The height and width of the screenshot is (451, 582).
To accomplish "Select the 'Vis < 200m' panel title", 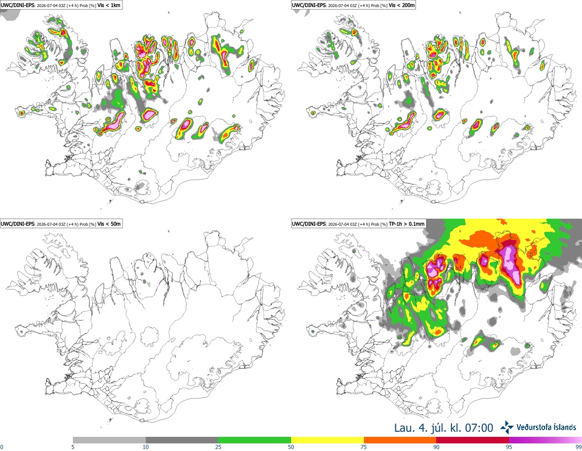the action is pyautogui.click(x=402, y=6).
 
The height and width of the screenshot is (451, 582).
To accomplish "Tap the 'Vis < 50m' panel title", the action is pyautogui.click(x=109, y=224).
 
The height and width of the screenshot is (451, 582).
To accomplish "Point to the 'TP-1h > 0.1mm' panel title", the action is pyautogui.click(x=406, y=224).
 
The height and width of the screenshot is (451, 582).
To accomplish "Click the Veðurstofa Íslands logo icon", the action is pyautogui.click(x=507, y=427).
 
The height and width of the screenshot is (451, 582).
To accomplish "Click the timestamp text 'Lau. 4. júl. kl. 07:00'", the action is pyautogui.click(x=443, y=428).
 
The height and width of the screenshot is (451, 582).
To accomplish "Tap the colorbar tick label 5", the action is pyautogui.click(x=73, y=447).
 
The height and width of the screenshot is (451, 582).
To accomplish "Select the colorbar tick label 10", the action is pyautogui.click(x=146, y=447).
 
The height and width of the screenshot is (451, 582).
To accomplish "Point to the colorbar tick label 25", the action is pyautogui.click(x=218, y=447).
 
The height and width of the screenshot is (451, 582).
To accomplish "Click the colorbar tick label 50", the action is pyautogui.click(x=291, y=447).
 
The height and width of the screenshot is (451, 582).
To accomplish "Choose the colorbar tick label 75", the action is pyautogui.click(x=364, y=447).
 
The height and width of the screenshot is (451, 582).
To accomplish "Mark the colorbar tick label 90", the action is pyautogui.click(x=436, y=447).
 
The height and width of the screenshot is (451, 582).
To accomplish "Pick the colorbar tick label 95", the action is pyautogui.click(x=509, y=447).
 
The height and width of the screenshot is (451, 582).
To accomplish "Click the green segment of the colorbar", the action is pyautogui.click(x=255, y=440).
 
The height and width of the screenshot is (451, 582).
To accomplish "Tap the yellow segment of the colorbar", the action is pyautogui.click(x=327, y=440).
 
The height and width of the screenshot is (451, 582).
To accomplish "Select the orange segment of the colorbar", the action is pyautogui.click(x=400, y=440).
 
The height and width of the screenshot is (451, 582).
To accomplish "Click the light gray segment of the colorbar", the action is pyautogui.click(x=109, y=440).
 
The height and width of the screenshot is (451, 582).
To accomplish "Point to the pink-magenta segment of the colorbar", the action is pyautogui.click(x=545, y=440).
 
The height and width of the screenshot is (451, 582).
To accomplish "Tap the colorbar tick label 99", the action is pyautogui.click(x=578, y=447).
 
